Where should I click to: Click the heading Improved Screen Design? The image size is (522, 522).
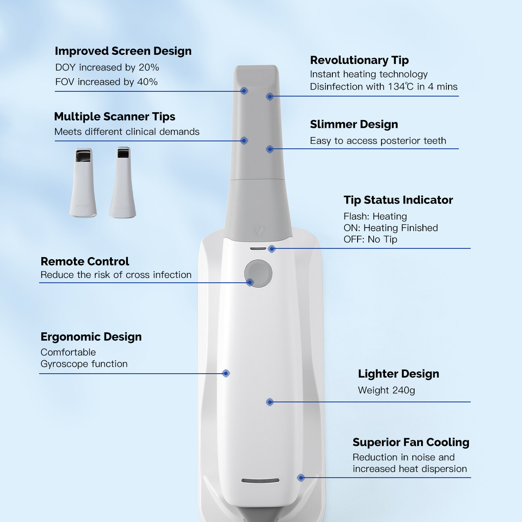click(123, 51)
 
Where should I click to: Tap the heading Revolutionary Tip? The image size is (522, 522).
click(359, 60)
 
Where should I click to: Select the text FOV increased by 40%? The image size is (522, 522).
click(106, 82)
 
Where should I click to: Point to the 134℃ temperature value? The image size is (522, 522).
click(401, 87)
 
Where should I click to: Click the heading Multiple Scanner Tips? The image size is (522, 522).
click(114, 117)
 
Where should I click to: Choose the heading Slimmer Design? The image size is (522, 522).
click(354, 124)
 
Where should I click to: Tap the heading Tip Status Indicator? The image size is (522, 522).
click(398, 200)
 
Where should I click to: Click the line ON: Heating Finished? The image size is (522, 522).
click(390, 228)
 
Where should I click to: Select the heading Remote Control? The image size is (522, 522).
click(85, 261)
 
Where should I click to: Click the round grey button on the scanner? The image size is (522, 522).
click(258, 273)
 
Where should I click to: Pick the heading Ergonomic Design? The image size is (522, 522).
click(91, 337)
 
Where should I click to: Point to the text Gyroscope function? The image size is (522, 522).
click(84, 364)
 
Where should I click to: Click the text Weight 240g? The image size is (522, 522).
click(386, 390)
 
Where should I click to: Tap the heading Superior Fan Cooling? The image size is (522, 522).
click(411, 442)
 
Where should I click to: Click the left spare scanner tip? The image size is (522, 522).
click(83, 183)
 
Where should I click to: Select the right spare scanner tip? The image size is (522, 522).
click(123, 183)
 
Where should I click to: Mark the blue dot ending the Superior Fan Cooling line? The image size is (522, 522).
click(301, 478)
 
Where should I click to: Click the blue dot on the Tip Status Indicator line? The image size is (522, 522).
click(272, 249)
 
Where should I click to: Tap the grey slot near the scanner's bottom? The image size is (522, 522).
click(260, 481)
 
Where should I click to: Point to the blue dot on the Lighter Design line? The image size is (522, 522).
click(270, 402)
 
